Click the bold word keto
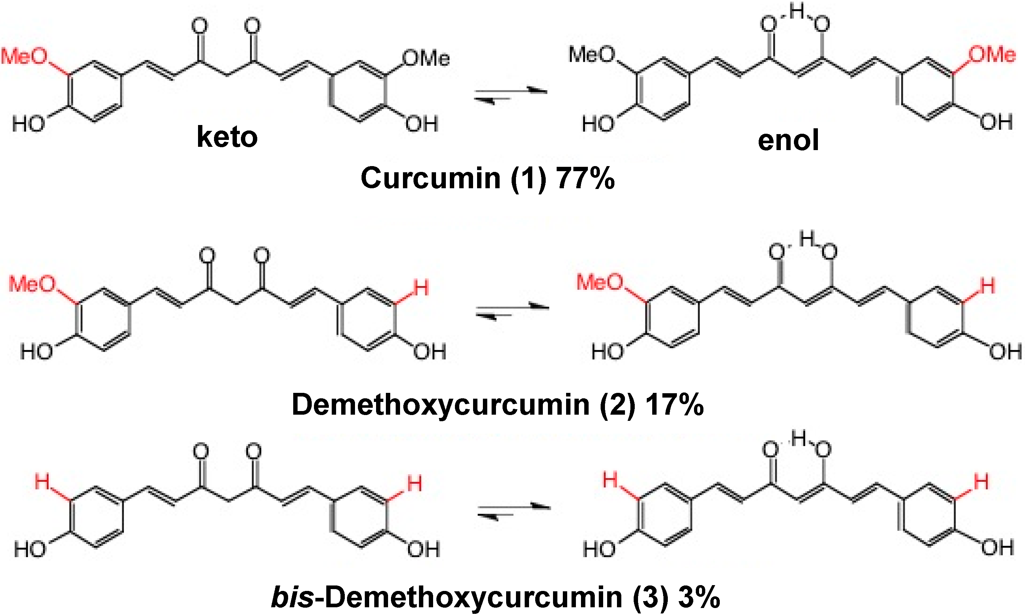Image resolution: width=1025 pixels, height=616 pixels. tap(227, 137)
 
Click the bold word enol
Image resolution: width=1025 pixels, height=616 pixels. tap(788, 140)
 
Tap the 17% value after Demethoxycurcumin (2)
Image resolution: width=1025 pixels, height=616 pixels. tap(674, 405)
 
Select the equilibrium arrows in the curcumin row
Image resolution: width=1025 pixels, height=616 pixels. tap(511, 94)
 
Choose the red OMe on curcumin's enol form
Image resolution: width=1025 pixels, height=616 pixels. tap(992, 55)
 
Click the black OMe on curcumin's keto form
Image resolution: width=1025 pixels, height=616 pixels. tap(426, 58)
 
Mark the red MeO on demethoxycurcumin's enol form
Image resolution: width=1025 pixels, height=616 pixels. tap(600, 282)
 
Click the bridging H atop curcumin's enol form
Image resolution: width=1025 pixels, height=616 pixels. tap(797, 12)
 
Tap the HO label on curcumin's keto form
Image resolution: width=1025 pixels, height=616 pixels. tap(28, 124)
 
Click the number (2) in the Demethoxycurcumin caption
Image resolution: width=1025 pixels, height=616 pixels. tap(617, 405)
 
